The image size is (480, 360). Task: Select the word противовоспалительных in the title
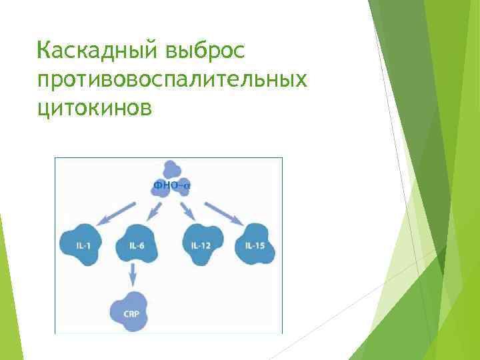point(173,79)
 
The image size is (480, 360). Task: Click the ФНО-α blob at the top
point(169,179)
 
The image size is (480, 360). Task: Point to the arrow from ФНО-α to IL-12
point(187,211)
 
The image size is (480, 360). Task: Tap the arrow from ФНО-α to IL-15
point(223,211)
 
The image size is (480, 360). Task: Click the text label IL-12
point(201,246)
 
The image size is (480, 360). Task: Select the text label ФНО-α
point(171,185)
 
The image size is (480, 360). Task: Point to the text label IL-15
point(255,246)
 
